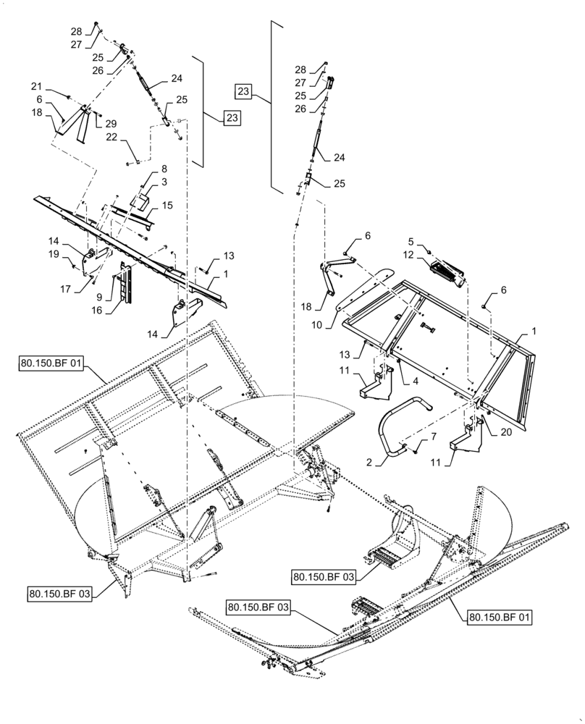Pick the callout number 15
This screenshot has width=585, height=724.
[167, 206]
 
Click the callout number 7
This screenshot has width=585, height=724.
[434, 438]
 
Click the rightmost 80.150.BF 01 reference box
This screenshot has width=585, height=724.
[500, 617]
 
